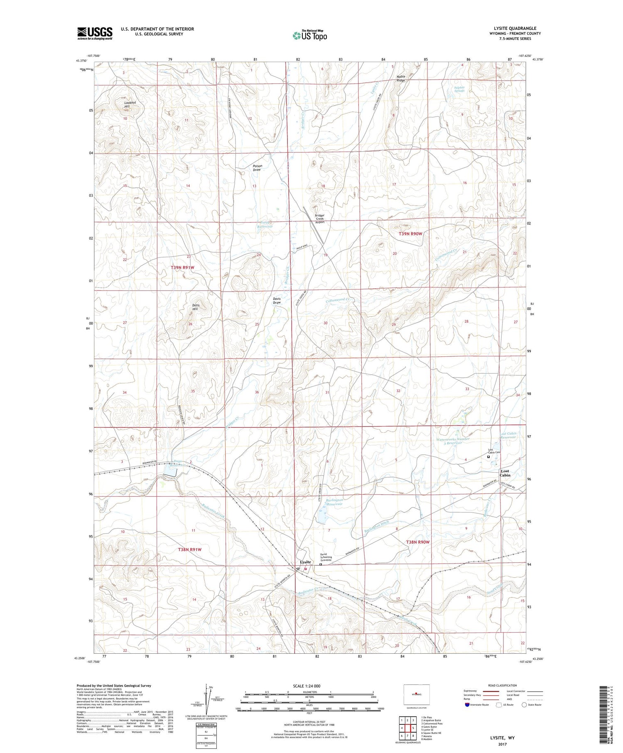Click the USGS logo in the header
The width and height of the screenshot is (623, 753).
coord(95,33)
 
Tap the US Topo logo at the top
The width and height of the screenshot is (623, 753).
coord(309,36)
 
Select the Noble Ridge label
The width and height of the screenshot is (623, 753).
coord(401,78)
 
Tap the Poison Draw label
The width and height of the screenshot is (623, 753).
coord(258,168)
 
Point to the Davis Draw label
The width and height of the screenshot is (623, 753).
coord(277,300)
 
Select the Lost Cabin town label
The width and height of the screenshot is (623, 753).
coord(505,473)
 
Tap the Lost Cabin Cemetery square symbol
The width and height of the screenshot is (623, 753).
coord(488,457)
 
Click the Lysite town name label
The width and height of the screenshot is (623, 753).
coord(306,562)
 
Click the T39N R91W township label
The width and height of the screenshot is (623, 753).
coord(182,267)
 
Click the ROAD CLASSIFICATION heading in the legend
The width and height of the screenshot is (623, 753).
coord(503,685)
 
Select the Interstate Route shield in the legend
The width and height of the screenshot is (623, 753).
coord(468,704)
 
